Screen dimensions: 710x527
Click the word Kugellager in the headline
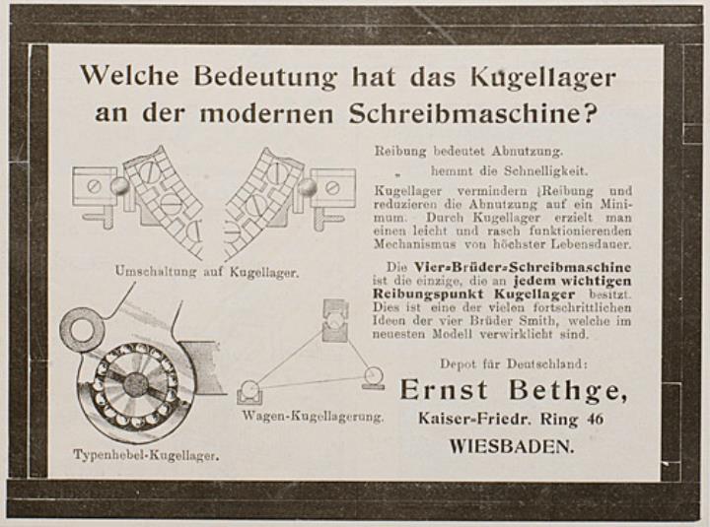coord(543,78)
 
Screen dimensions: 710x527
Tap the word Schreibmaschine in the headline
coord(464,114)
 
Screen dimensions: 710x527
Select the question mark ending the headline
coord(588,114)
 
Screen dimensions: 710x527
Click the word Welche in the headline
coord(129,75)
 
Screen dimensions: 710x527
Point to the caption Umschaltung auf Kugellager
coord(207,272)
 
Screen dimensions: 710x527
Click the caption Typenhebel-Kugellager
coord(146,455)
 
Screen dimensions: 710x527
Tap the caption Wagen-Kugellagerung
coord(313,416)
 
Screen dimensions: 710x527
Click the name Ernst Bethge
coord(514,390)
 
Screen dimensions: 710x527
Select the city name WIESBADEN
coord(512,447)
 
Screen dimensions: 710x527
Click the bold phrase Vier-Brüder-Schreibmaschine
coord(523,267)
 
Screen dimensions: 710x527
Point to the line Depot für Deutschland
coord(514,363)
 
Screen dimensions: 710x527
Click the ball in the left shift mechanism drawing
coord(119,186)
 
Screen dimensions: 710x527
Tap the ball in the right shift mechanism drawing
coord(308,186)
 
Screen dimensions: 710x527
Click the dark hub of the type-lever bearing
coord(136,384)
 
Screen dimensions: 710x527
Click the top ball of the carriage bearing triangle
coord(334,322)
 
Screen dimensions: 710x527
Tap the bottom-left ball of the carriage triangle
coord(249,389)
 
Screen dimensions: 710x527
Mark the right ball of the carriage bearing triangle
coord(374,375)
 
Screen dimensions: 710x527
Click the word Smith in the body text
coord(542,321)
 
